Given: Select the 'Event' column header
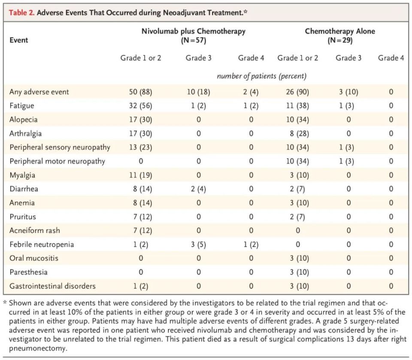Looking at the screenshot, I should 18,40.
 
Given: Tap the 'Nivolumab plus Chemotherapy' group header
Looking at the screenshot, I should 194,31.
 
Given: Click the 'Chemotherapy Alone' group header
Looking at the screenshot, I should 333,31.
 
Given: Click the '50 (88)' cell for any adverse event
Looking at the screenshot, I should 140,92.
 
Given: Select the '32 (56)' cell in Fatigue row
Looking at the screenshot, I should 140,106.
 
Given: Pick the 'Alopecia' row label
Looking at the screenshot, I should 22,120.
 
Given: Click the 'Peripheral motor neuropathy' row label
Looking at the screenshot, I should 57,161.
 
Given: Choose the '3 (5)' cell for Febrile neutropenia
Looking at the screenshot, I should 198,245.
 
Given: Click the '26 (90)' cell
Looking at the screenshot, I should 297,92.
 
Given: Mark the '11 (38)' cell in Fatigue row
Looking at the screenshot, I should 297,106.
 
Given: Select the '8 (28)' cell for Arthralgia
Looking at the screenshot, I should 297,133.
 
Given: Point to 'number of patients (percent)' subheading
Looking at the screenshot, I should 261,76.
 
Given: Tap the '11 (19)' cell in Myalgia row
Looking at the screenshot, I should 140,175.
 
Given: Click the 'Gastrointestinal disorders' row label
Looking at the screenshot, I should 52,286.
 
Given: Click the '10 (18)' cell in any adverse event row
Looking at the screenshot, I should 198,92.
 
